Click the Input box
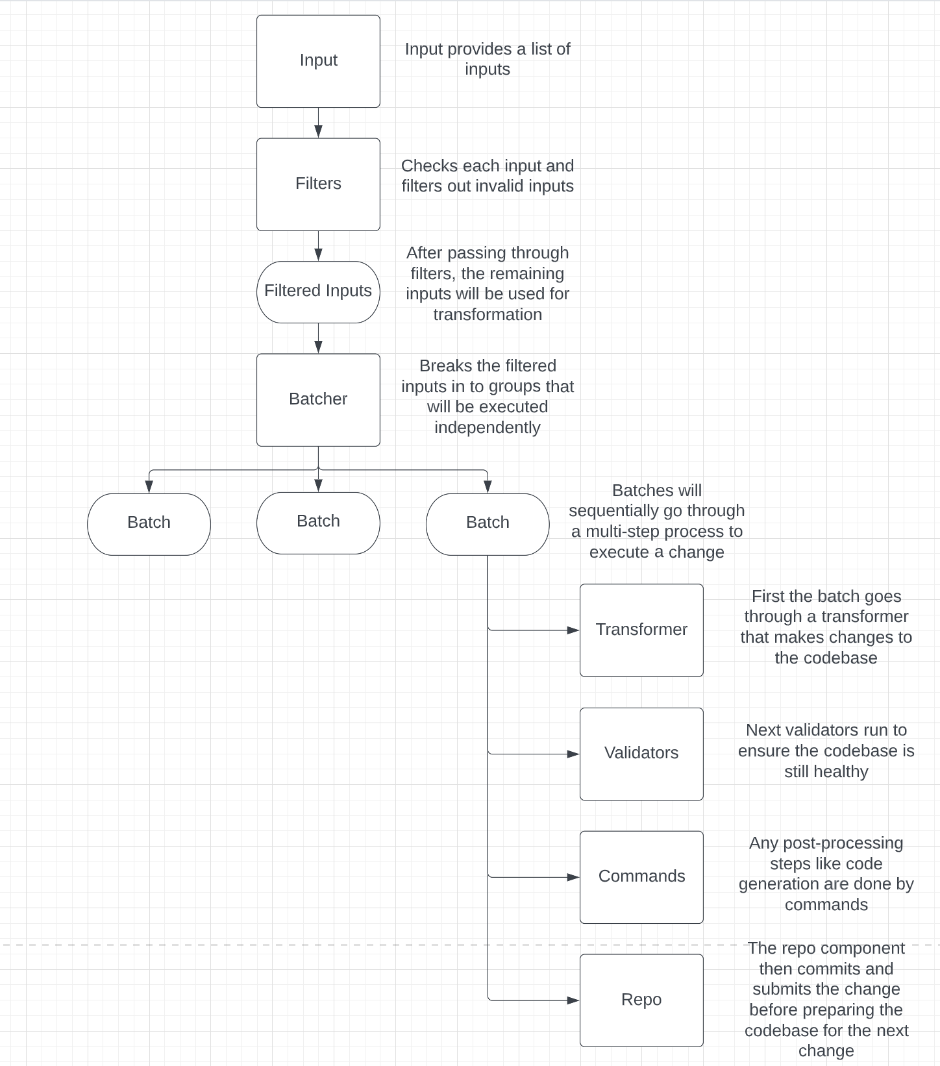click(x=318, y=61)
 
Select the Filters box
click(x=318, y=184)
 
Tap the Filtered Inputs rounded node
click(x=318, y=291)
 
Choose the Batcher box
click(x=318, y=399)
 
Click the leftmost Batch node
click(x=149, y=524)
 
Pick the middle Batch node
click(x=318, y=523)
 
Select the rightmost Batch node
click(x=488, y=524)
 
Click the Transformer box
click(x=641, y=630)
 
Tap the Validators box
click(x=641, y=753)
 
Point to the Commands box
click(x=641, y=876)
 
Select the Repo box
click(x=641, y=1000)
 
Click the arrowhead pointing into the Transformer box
click(x=573, y=630)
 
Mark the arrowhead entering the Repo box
click(x=573, y=1000)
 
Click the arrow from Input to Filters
click(x=318, y=123)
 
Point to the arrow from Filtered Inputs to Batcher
click(x=318, y=338)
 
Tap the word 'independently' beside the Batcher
click(x=487, y=427)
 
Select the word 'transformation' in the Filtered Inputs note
click(x=487, y=314)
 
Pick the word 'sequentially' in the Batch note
click(x=613, y=510)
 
